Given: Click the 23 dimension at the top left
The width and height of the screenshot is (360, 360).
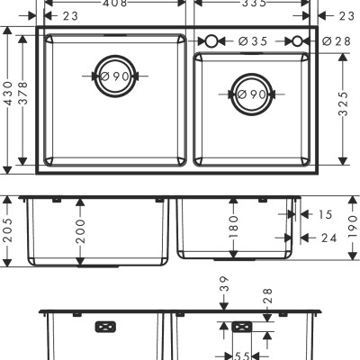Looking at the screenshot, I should coord(70,15).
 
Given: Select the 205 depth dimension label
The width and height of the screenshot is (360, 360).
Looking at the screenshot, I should coord(9,232).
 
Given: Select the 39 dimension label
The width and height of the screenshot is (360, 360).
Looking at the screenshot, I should coord(224,288).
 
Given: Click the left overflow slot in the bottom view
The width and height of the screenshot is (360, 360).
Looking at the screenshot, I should coord(105,326).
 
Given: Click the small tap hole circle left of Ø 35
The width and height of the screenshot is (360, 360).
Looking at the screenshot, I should coord(212,41).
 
